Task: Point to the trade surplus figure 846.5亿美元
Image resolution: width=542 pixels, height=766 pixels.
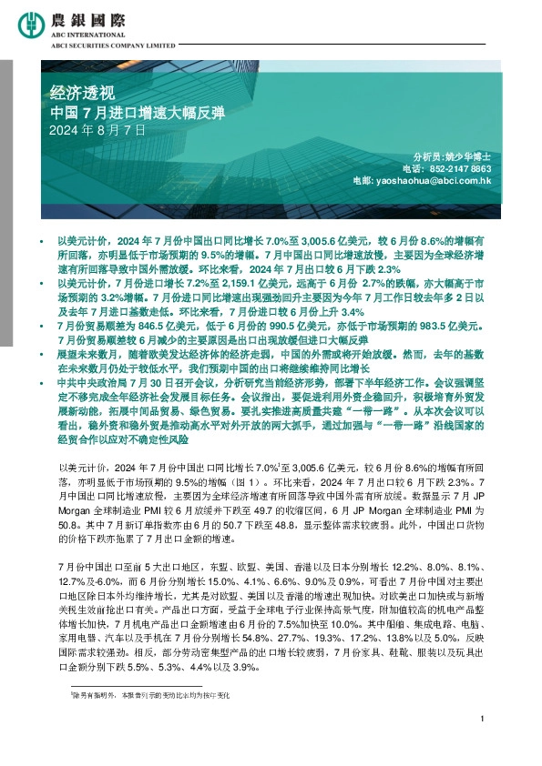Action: click(x=165, y=324)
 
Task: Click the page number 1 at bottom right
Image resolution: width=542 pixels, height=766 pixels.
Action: click(x=479, y=745)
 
